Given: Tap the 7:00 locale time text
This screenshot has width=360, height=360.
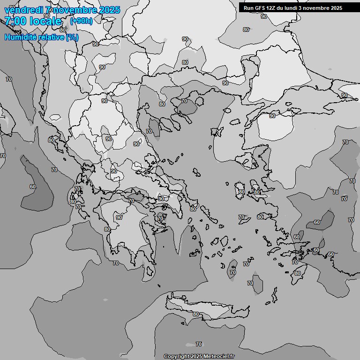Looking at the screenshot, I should coord(33,21).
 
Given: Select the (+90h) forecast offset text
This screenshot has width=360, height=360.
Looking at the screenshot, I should coord(81,21).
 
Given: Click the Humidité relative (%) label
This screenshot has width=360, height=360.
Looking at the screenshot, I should coord(42,37).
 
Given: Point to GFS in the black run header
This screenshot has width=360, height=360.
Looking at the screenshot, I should coord(263,8).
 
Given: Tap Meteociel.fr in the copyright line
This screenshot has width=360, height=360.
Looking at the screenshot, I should coord(218,356).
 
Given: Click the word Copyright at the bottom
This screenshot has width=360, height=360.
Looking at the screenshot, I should coord(177,356).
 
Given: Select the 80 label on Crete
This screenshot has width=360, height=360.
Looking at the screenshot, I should coord(196,314).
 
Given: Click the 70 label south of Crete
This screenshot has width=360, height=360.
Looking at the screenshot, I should coord(199,344).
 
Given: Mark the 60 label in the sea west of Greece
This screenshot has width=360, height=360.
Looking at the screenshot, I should coord(32,187).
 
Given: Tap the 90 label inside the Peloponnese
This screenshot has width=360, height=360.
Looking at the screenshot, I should coord(119,217).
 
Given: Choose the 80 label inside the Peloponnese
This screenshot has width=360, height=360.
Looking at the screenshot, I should coord(107,229).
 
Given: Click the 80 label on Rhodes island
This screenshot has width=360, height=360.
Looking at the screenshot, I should coord(297,273).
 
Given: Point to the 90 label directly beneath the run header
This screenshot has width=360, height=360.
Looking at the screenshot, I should coord(264,16).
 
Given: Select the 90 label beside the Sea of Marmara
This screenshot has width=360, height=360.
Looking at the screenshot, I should coord(272,116).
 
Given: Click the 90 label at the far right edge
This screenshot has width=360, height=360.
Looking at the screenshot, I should coord(345,95).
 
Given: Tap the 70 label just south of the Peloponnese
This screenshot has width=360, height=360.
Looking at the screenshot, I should coord(116,263).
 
